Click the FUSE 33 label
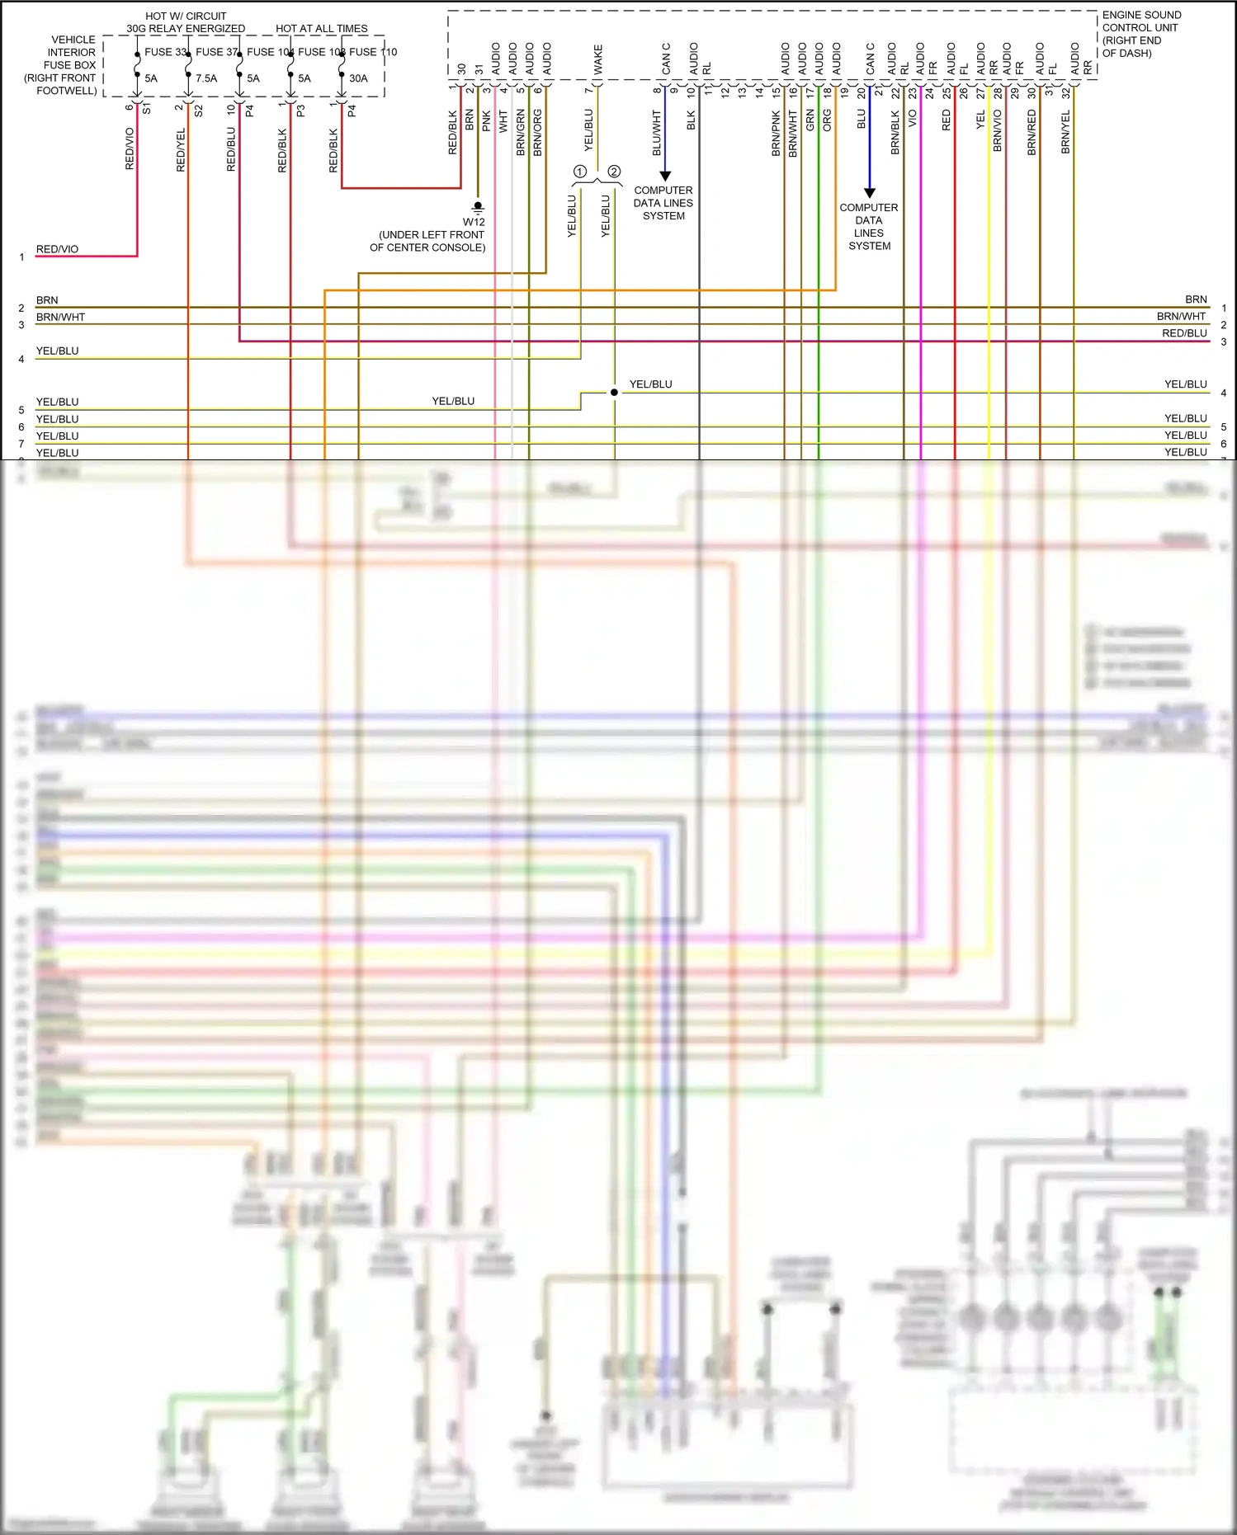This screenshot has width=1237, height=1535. [165, 52]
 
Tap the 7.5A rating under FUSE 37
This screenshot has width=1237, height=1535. [206, 78]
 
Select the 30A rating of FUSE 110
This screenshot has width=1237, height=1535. [358, 78]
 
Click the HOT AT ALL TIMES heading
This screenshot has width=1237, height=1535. [321, 28]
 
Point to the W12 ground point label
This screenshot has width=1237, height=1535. [474, 222]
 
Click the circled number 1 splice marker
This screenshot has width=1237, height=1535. [580, 172]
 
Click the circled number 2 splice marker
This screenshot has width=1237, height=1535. [614, 172]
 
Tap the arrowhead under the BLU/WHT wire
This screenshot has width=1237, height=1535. [665, 176]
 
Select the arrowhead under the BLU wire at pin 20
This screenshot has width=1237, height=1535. [869, 193]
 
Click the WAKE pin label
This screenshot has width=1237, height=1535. [598, 59]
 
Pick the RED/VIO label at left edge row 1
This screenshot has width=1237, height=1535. [57, 249]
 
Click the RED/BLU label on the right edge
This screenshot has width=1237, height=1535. [1184, 333]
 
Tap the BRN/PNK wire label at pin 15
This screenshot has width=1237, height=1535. [776, 134]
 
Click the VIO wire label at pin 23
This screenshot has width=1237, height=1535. [913, 119]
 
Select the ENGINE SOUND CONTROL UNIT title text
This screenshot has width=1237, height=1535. [1141, 33]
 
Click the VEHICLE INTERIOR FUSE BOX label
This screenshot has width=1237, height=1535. [62, 64]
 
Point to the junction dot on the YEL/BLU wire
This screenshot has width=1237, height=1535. [614, 393]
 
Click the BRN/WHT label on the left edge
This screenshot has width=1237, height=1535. [60, 318]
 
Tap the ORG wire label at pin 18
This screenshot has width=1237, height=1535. [828, 120]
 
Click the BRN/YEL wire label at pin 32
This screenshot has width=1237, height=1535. [1065, 132]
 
